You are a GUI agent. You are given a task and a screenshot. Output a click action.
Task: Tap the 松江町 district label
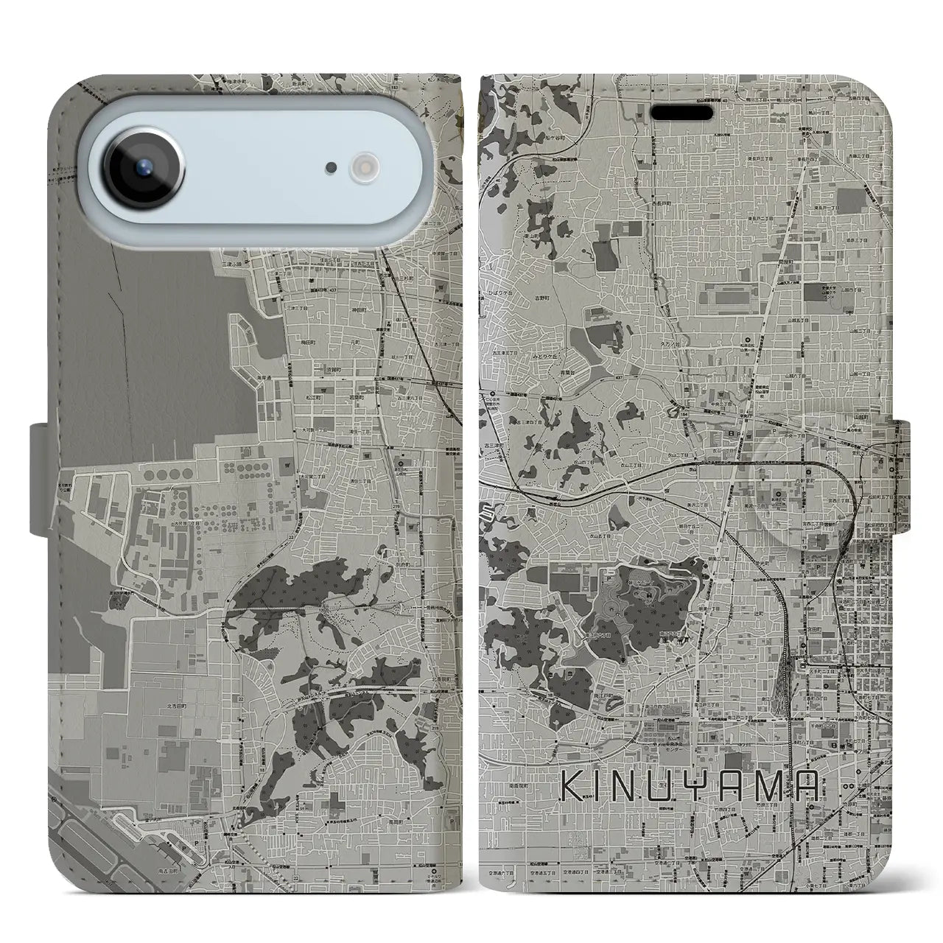pyautogui.click(x=330, y=396)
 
